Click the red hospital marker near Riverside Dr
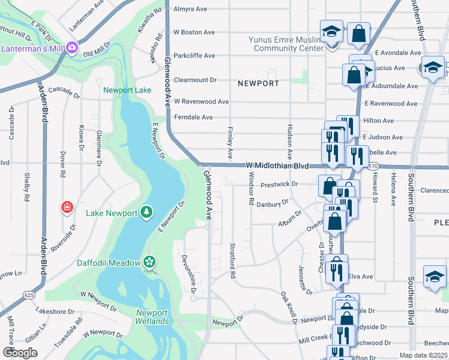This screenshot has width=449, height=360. (x=67, y=208)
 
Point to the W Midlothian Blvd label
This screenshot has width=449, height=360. (x=277, y=165)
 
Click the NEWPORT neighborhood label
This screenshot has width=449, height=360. (x=258, y=83)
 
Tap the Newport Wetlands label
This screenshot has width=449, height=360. (x=152, y=317)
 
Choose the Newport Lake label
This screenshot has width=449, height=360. (x=127, y=91)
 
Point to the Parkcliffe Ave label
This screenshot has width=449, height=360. (x=194, y=56)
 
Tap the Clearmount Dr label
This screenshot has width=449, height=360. (x=194, y=79)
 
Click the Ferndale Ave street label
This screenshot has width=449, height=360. (x=193, y=118)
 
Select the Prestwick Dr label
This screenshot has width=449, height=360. (x=279, y=184)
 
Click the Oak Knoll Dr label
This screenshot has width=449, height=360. (x=288, y=307)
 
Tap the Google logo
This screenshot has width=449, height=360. (x=20, y=353)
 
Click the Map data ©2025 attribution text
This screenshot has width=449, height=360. (x=423, y=355)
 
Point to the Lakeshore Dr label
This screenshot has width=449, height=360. (x=55, y=311)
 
